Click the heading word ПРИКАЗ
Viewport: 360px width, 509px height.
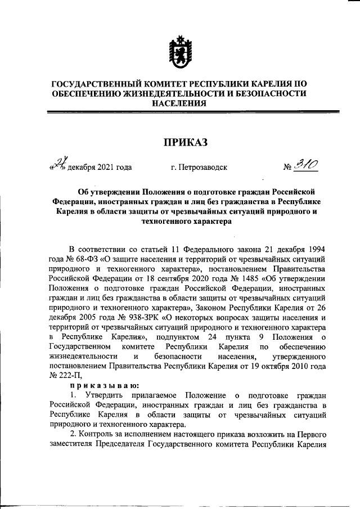tap(179, 142)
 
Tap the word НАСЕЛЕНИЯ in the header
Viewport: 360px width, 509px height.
tap(179, 103)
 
